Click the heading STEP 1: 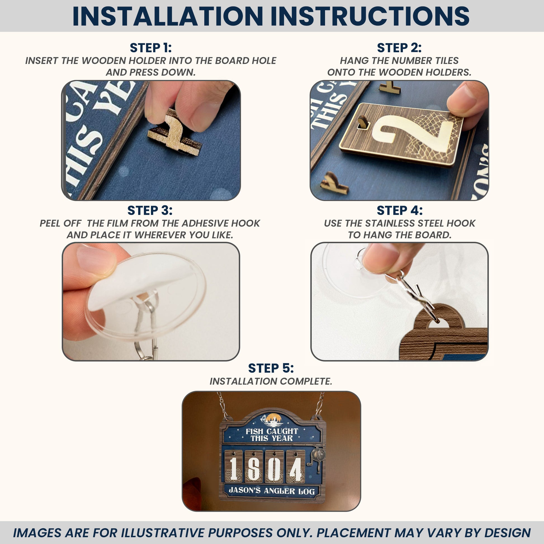151,48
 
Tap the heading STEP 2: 399,48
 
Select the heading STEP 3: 150,210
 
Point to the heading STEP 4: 399,210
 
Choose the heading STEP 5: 271,368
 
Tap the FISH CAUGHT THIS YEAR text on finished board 272,435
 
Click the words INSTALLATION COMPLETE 271,381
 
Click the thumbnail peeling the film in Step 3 151,302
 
